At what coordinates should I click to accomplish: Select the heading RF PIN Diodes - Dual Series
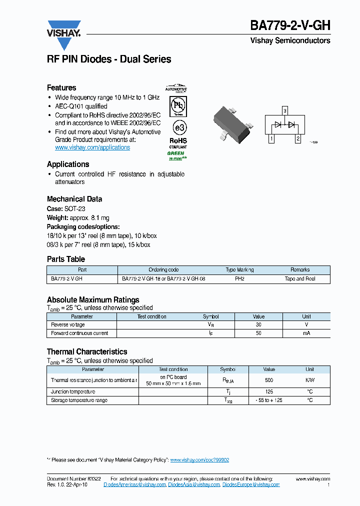(x=109, y=59)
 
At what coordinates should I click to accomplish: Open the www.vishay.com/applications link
(x=92, y=147)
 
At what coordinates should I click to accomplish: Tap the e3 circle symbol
(x=177, y=126)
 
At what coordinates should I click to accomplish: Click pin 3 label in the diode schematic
(x=284, y=110)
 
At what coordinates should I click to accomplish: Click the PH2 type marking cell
(x=239, y=279)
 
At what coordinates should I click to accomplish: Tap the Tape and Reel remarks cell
(x=300, y=279)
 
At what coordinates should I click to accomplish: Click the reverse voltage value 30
(x=258, y=325)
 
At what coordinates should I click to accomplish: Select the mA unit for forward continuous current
(x=306, y=333)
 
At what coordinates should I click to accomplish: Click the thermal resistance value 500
(x=269, y=380)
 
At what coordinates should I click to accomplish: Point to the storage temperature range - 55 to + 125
(x=269, y=400)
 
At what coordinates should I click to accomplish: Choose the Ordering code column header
(x=163, y=270)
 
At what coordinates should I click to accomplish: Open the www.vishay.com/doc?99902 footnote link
(x=199, y=460)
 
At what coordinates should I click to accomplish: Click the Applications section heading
(x=68, y=164)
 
